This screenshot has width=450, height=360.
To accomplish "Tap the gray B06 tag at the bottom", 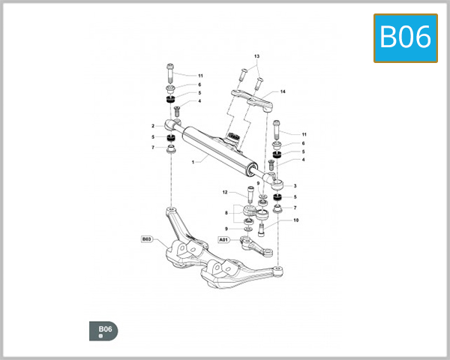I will point(103,330).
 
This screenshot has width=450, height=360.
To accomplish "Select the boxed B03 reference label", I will point(147,239).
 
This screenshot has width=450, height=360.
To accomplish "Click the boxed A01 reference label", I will point(223,239).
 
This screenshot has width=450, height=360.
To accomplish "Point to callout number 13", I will point(256,56).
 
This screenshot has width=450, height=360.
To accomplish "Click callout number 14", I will point(283,91).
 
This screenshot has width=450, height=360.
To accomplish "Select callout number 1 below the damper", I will point(193,161).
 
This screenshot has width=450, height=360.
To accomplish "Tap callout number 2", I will point(153,126).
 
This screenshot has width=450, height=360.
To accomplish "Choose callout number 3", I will point(296,185).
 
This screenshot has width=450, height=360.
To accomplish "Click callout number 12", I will point(225,192).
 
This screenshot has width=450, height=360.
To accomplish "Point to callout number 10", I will point(295,220).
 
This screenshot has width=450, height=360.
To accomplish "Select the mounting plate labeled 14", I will point(253,98).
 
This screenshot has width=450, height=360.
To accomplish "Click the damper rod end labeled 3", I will point(277,181).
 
